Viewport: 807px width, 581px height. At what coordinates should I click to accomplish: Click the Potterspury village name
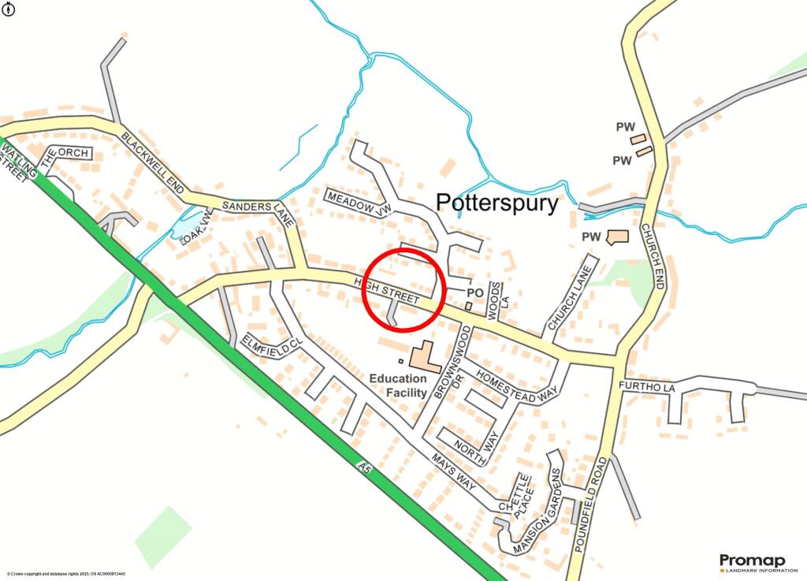click(x=497, y=203)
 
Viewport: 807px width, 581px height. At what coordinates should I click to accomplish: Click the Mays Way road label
click(x=453, y=471)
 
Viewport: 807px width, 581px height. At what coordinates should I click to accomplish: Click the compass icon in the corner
click(x=8, y=7)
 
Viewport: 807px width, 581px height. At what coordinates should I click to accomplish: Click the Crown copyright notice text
click(x=66, y=575)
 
